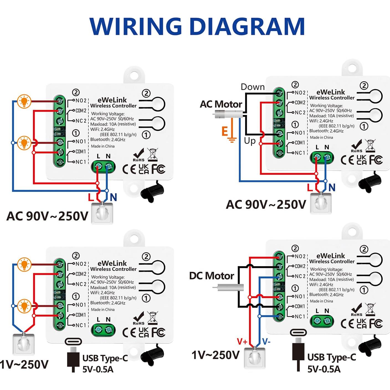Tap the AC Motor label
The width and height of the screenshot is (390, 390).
pyautogui.click(x=221, y=104)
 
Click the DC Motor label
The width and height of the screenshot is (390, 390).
pyautogui.click(x=212, y=276)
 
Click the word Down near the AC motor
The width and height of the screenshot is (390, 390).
pyautogui.click(x=253, y=87)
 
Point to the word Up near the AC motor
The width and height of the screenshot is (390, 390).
pyautogui.click(x=250, y=141)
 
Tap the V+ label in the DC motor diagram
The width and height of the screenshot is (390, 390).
pyautogui.click(x=242, y=342)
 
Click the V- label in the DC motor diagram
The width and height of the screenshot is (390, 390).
pyautogui.click(x=266, y=342)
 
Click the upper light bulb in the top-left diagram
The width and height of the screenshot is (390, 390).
pyautogui.click(x=24, y=101)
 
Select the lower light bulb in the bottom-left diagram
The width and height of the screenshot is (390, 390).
pyautogui.click(x=24, y=306)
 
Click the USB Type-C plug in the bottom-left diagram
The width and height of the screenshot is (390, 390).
pyautogui.click(x=73, y=357)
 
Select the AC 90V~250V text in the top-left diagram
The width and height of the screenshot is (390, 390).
pyautogui.click(x=47, y=216)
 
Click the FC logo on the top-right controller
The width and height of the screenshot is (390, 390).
pyautogui.click(x=376, y=160)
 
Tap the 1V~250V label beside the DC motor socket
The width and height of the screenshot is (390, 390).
pyautogui.click(x=215, y=355)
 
